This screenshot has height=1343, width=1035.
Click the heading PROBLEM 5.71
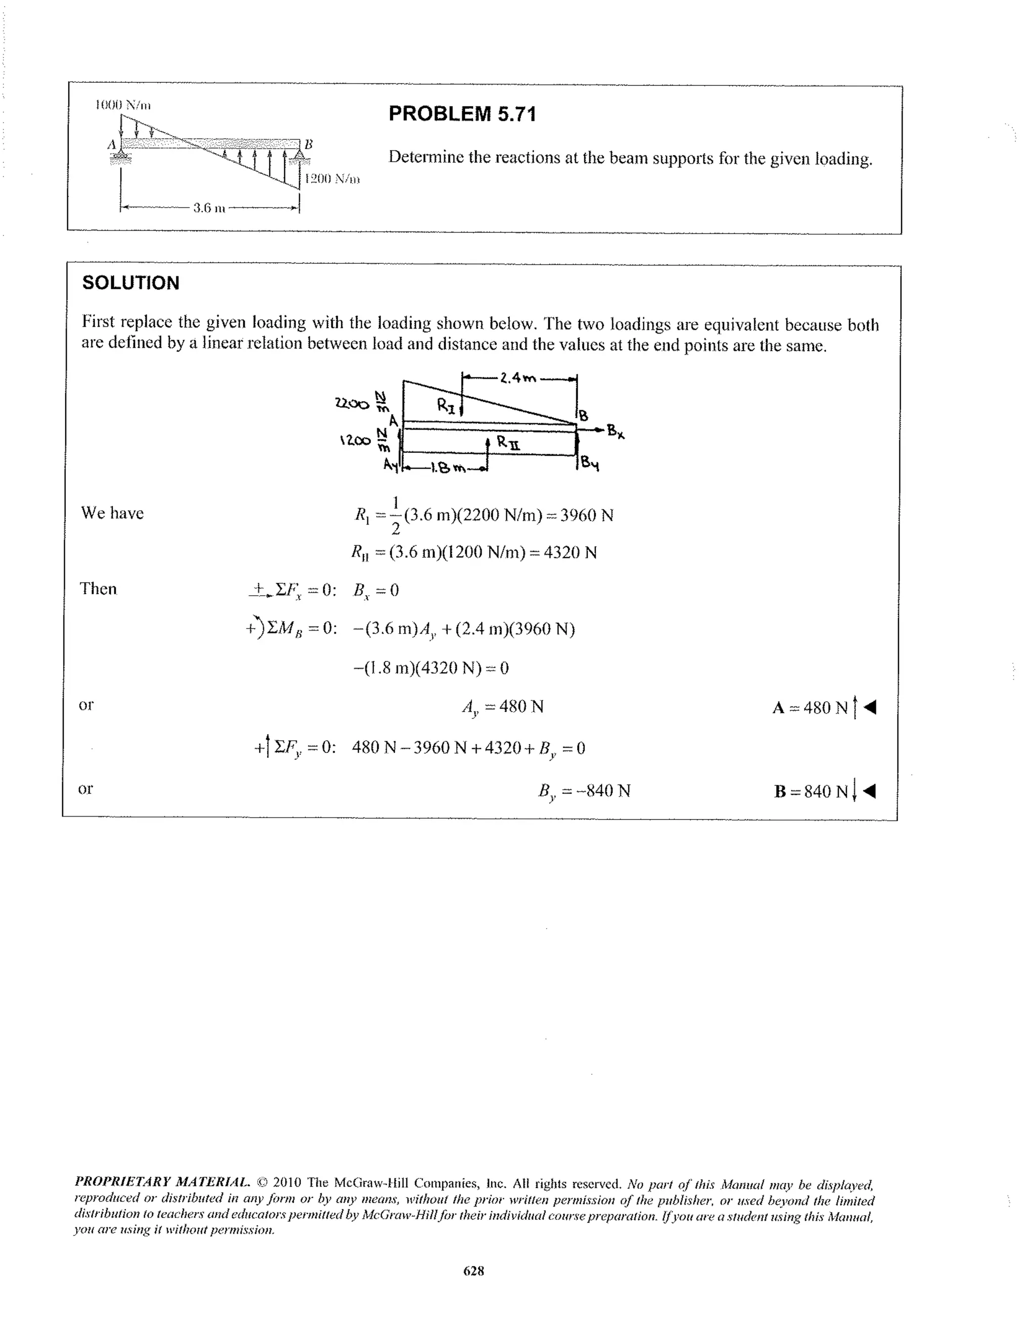pyautogui.click(x=462, y=114)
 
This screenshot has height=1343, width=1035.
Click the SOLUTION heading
pyautogui.click(x=130, y=283)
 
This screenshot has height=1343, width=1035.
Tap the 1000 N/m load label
pyautogui.click(x=122, y=105)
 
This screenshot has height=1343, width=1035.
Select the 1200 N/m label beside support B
pyautogui.click(x=332, y=179)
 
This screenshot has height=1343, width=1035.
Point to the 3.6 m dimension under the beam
pyautogui.click(x=209, y=209)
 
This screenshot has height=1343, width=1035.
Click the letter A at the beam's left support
pyautogui.click(x=111, y=145)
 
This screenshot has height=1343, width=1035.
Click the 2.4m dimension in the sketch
pyautogui.click(x=519, y=378)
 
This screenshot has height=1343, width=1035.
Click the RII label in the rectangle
pyautogui.click(x=508, y=443)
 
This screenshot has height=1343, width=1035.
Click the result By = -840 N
pyautogui.click(x=584, y=791)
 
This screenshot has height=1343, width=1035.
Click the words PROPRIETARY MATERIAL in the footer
pyautogui.click(x=162, y=1182)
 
